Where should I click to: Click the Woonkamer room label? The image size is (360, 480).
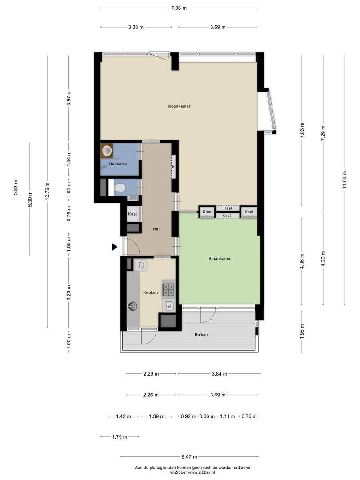click(179, 106)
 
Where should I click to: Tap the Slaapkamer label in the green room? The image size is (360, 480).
click(220, 258)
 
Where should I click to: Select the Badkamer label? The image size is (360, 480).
click(119, 164)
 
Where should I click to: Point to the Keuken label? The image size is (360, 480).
click(151, 292)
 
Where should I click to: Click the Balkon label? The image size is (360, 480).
click(201, 335)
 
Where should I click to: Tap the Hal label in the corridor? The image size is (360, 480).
click(156, 229)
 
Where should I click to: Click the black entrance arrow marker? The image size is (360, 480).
click(114, 247)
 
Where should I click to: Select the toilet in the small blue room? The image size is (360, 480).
click(119, 188)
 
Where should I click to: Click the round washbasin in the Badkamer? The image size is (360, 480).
click(107, 151)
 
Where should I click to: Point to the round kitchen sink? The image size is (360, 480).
click(133, 306)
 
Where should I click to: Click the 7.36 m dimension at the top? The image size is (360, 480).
click(179, 8)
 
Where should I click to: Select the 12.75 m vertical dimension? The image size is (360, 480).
click(47, 191)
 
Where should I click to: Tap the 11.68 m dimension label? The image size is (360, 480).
click(344, 180)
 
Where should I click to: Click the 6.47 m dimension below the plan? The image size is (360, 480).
click(189, 457)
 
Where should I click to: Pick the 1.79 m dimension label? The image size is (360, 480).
click(120, 437)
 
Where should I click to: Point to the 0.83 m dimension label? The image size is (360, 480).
click(16, 188)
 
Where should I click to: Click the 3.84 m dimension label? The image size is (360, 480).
click(220, 374)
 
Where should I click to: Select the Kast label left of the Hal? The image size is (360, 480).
click(132, 214)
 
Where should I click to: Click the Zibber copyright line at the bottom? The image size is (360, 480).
click(192, 472)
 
